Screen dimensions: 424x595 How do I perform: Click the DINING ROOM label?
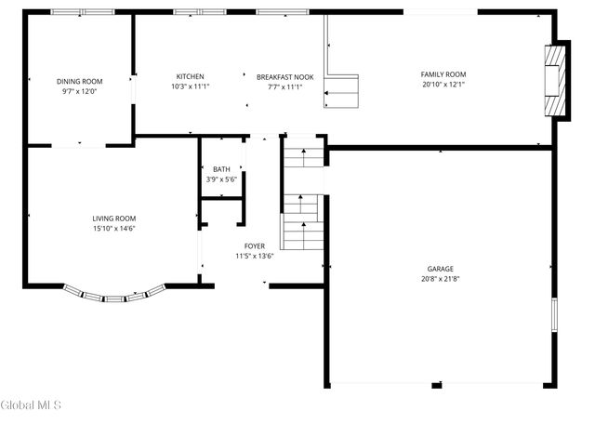(x=78, y=81)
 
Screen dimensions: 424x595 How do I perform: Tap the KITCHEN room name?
(x=191, y=76)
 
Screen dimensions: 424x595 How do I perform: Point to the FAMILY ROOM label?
(x=443, y=74)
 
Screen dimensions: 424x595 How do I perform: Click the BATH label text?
(x=221, y=168)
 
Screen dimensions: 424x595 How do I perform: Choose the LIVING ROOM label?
(x=113, y=219)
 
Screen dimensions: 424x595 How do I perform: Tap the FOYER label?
(x=254, y=246)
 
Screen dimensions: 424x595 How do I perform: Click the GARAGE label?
(x=441, y=268)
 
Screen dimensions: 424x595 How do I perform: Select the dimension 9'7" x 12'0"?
(x=78, y=91)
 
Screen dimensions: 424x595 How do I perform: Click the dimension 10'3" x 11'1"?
(x=191, y=86)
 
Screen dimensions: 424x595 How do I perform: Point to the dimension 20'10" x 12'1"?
(x=443, y=85)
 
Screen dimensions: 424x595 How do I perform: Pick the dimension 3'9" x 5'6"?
(x=221, y=179)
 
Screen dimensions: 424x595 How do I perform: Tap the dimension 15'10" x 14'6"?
(x=113, y=229)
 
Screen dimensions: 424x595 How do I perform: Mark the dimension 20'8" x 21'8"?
(x=441, y=278)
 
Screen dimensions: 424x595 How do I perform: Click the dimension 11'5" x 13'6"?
(x=254, y=257)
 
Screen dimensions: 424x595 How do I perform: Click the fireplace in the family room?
(x=555, y=81)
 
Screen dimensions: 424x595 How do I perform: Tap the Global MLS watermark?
(x=31, y=405)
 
